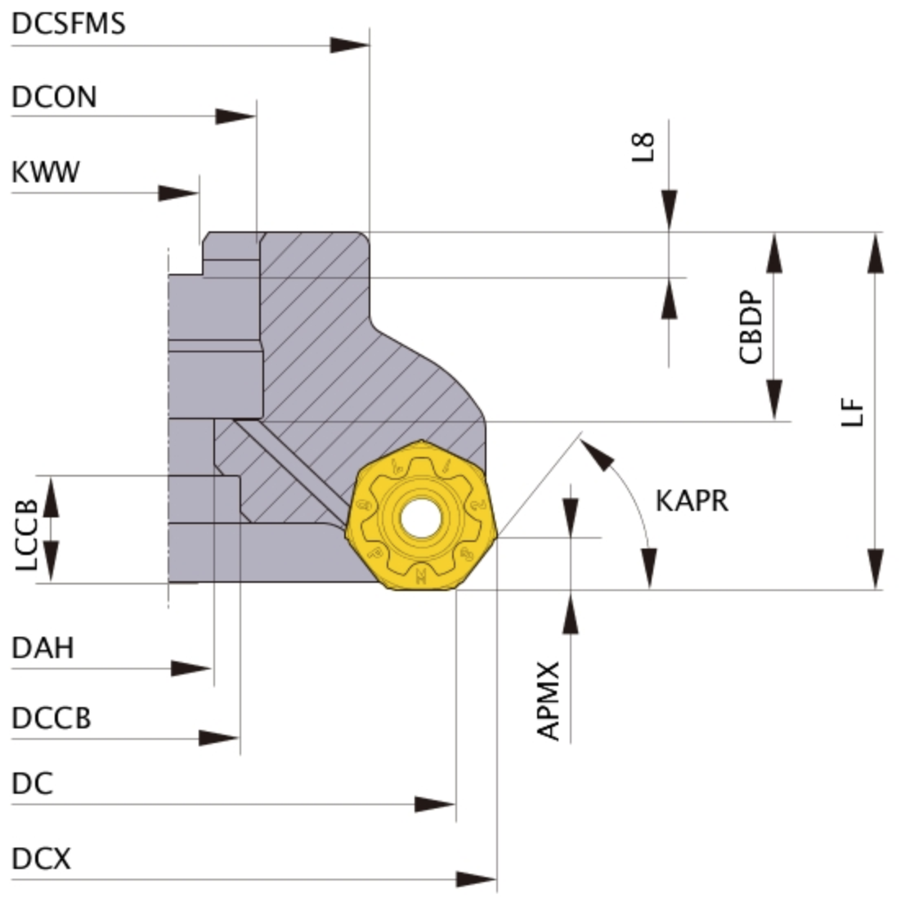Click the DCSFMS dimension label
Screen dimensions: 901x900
click(69, 24)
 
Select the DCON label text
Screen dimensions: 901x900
click(54, 96)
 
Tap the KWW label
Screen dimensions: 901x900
click(46, 172)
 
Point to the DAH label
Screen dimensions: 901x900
click(43, 648)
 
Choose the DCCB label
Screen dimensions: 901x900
click(52, 718)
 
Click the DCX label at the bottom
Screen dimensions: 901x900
click(41, 858)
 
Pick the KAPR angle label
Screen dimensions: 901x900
click(692, 501)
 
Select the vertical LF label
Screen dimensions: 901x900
click(852, 412)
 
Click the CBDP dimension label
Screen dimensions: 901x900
click(751, 327)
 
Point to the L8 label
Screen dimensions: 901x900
click(643, 147)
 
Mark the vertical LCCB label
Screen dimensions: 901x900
click(26, 535)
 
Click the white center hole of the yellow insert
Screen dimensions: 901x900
click(420, 518)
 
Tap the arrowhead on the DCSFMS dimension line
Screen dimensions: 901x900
click(350, 45)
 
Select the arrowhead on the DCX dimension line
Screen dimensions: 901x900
click(477, 879)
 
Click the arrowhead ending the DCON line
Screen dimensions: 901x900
click(235, 116)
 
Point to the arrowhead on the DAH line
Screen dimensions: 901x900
click(191, 669)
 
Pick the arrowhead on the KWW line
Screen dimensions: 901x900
click(179, 193)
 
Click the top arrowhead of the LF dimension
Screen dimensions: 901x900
click(875, 253)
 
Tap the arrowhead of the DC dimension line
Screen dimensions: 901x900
click(435, 804)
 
